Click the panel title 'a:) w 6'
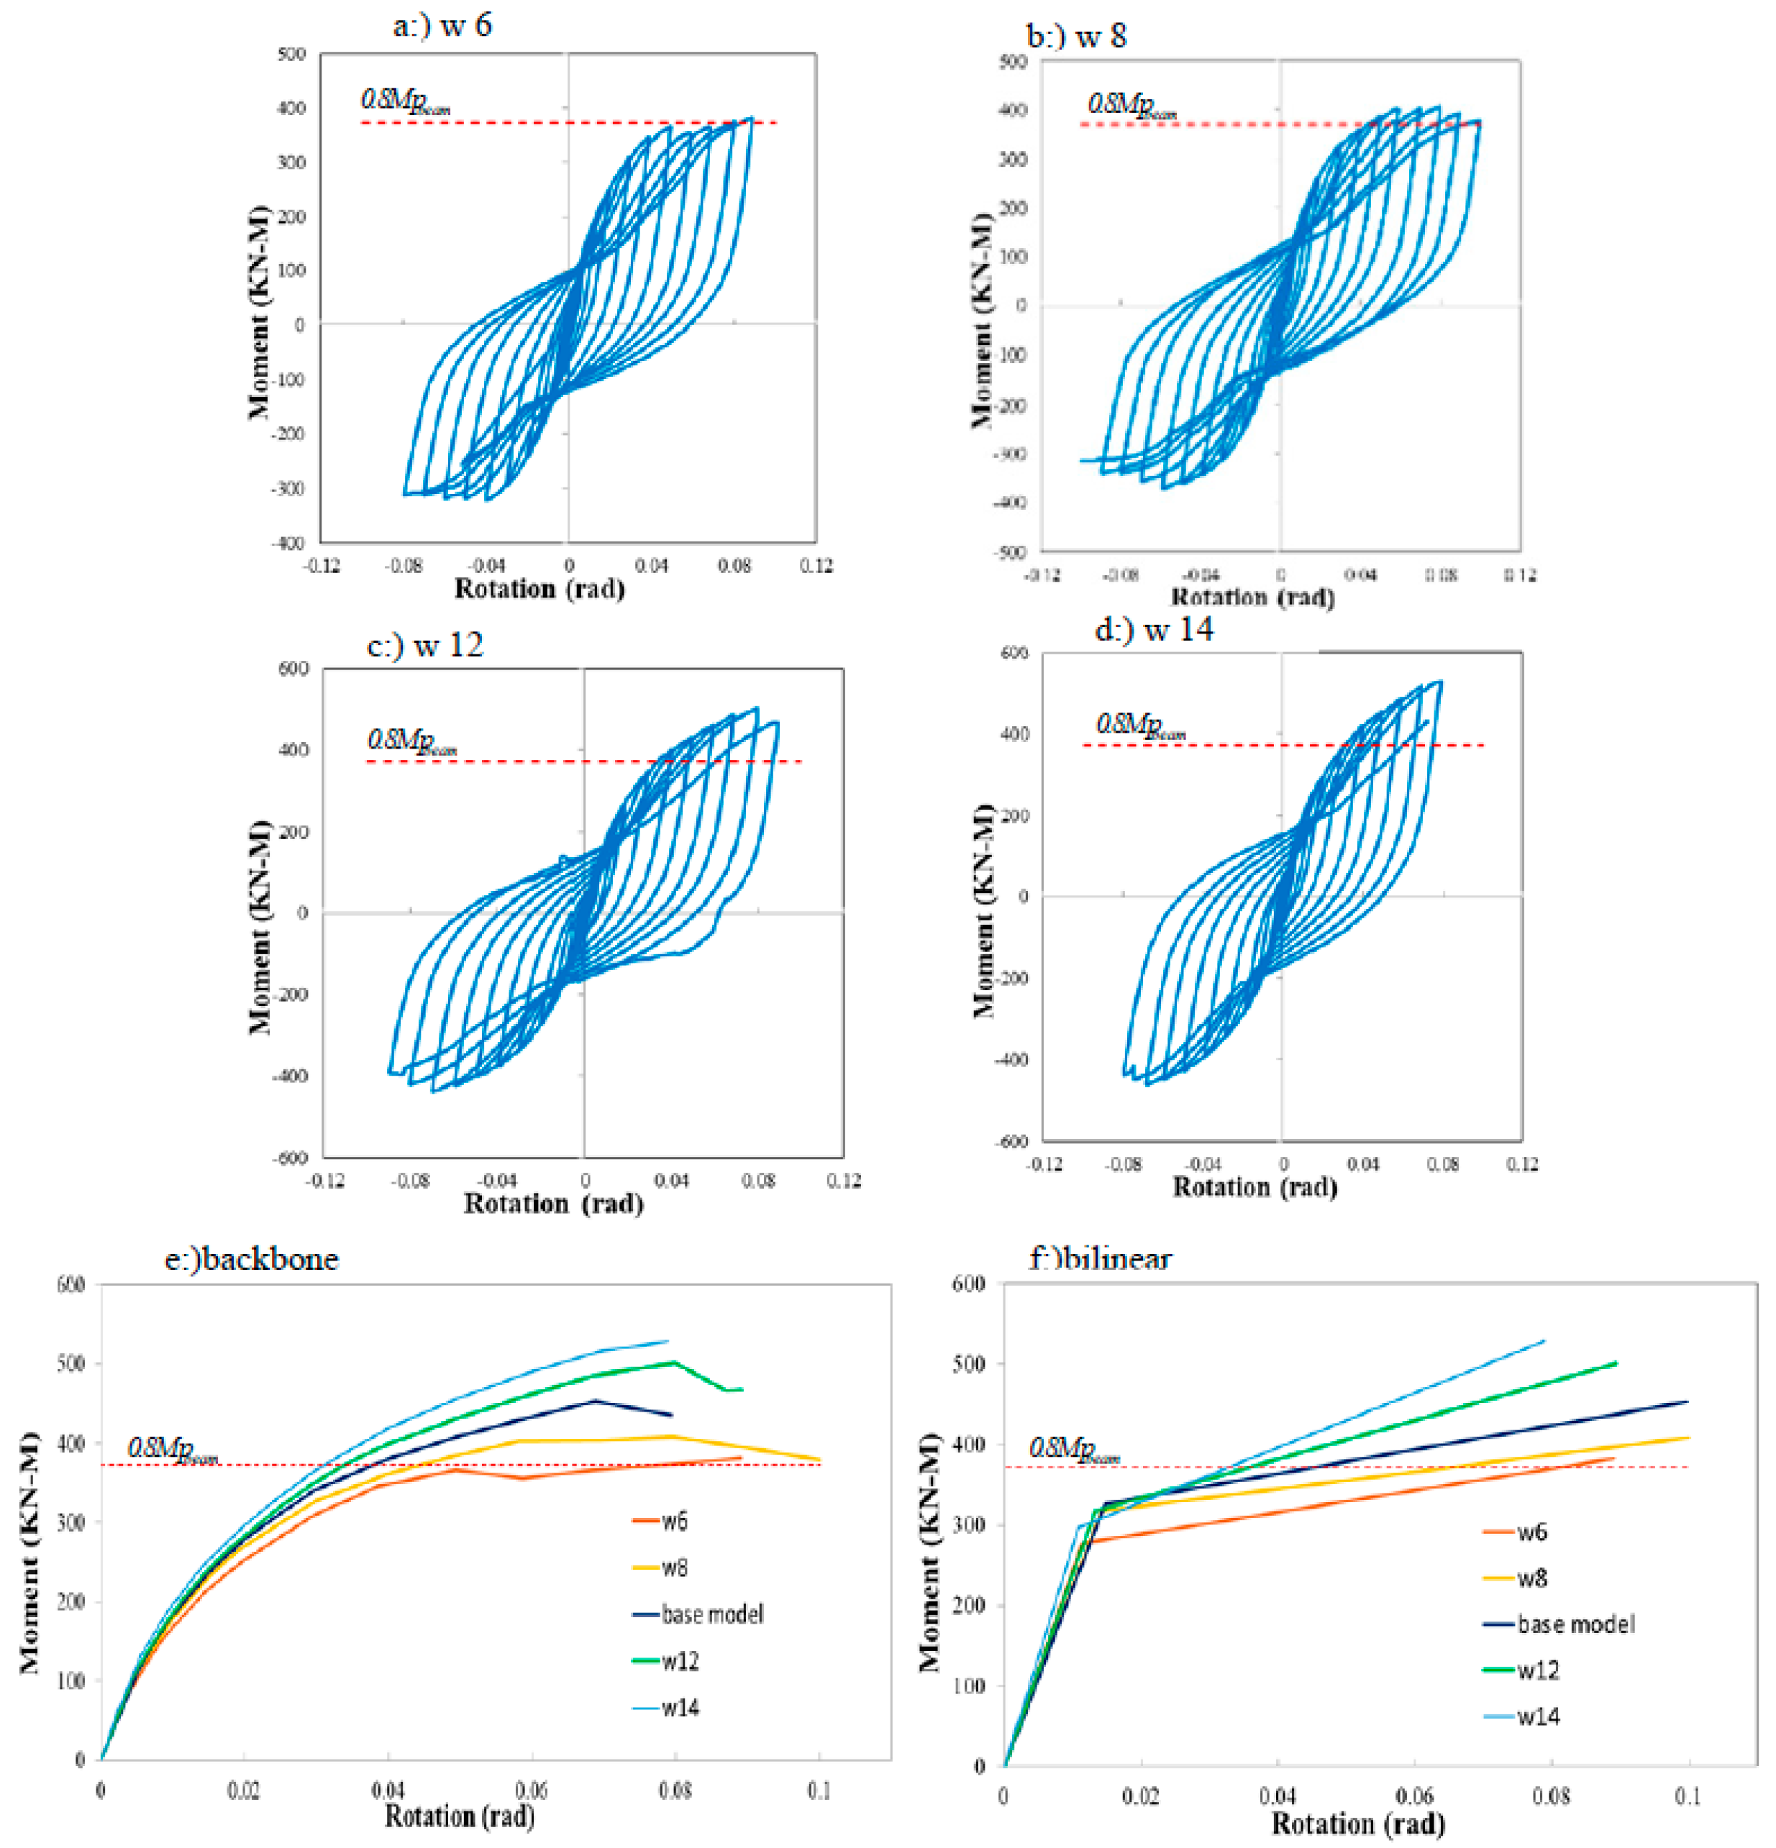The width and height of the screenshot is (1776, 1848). (442, 24)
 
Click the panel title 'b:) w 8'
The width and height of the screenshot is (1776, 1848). (1076, 37)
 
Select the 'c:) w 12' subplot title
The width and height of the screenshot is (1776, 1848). (424, 645)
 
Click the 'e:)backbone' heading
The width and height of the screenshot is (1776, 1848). (251, 1258)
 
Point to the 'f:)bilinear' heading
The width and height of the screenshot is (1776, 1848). (1100, 1258)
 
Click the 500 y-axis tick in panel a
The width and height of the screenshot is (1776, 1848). (291, 54)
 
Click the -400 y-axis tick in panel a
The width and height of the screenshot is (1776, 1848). (288, 543)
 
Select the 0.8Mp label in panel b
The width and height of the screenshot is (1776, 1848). (1131, 105)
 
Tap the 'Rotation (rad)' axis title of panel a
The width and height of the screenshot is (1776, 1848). (539, 590)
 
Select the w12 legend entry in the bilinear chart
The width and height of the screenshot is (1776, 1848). (1537, 1670)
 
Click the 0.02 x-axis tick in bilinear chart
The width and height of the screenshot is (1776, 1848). (1140, 1796)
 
